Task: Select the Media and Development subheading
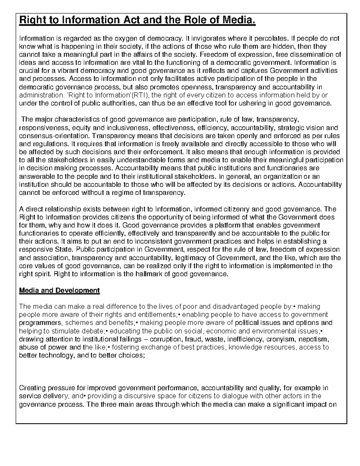(59, 290)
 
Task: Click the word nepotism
(315, 339)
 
